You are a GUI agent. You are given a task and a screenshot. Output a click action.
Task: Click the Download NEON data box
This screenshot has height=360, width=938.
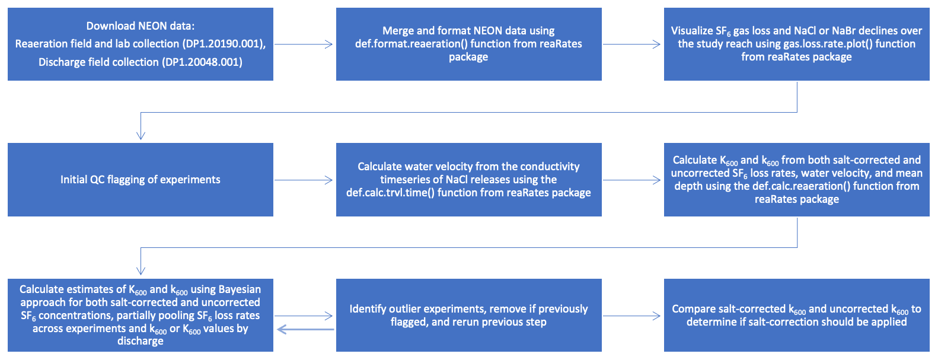(x=141, y=44)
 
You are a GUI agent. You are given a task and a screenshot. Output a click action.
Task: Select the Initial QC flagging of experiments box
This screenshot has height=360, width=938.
(x=141, y=180)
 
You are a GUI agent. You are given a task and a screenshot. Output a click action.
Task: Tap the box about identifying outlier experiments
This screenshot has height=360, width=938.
(x=468, y=315)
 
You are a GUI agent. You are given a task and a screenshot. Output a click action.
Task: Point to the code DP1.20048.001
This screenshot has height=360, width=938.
(x=202, y=62)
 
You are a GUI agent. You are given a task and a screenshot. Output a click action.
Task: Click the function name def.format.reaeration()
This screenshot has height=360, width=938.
(x=411, y=44)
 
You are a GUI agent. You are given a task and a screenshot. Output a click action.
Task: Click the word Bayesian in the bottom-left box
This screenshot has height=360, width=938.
(x=240, y=289)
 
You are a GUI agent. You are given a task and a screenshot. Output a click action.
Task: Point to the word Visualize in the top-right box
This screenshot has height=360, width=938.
(x=692, y=31)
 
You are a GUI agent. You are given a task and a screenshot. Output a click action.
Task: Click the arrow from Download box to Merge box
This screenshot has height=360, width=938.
(x=304, y=44)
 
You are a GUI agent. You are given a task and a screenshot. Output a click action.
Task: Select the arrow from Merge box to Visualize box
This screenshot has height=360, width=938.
(x=632, y=44)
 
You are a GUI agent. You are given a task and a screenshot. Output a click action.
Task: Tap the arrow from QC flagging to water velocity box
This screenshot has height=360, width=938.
(x=304, y=180)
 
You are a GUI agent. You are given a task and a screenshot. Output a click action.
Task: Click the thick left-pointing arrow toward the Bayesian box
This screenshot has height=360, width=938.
(x=305, y=329)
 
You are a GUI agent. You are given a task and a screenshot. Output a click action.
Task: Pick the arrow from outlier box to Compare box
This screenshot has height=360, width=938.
(x=632, y=316)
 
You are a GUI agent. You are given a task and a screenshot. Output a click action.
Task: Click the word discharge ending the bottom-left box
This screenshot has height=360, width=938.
(x=141, y=341)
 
